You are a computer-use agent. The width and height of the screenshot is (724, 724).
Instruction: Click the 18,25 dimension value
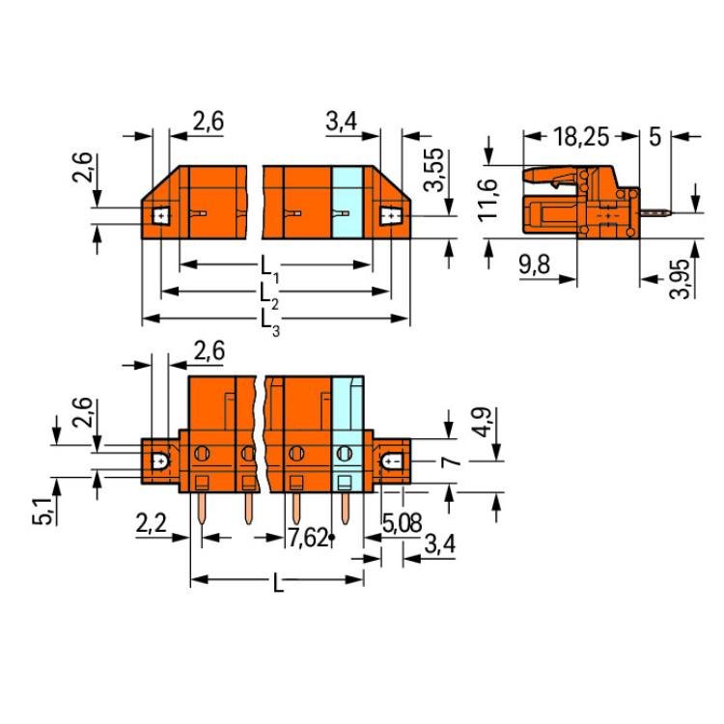point(581,137)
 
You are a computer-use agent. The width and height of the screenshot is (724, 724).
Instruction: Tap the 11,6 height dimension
point(488,199)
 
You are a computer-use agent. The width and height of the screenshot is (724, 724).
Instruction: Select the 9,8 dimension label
point(534,265)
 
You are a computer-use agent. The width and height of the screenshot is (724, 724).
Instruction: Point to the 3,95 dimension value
point(680,279)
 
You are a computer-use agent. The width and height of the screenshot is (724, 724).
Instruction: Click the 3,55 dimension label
point(434,170)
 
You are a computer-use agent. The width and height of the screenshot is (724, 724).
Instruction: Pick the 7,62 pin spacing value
point(308,538)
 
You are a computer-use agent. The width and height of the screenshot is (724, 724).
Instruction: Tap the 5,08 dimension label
point(402,523)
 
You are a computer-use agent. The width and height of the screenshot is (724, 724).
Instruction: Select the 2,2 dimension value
point(151,523)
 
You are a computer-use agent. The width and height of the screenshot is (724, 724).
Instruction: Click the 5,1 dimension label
point(42,512)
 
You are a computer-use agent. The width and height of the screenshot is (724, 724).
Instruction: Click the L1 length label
point(269,269)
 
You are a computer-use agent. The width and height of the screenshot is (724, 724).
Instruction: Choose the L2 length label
point(269,296)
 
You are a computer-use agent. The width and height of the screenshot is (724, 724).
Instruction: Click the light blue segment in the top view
point(347,203)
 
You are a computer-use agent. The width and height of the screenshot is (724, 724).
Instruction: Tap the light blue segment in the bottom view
point(348,434)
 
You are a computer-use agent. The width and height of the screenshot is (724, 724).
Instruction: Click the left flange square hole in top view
point(160,215)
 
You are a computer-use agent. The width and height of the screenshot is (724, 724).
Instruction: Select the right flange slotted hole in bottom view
point(392,460)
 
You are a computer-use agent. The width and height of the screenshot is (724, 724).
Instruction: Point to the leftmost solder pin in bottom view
point(202,509)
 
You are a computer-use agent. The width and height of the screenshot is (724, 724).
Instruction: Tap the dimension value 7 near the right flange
point(450,460)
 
